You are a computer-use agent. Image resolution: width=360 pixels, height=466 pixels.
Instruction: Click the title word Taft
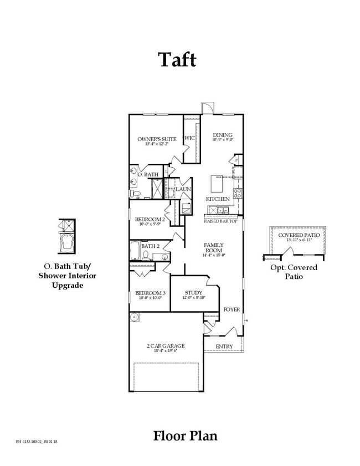coord(178,60)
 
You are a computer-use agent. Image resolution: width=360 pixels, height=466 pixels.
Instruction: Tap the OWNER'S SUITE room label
coord(157,139)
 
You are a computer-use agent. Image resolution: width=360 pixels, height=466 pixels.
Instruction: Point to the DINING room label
coord(223,135)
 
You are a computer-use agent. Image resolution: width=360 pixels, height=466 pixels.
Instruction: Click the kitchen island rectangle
coord(216,183)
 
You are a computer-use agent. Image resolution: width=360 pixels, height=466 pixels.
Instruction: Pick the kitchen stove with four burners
coord(236,193)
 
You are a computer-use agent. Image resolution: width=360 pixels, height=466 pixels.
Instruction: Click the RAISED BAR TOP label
coord(220,221)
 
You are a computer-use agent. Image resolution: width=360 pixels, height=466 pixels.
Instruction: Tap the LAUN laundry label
coord(183,189)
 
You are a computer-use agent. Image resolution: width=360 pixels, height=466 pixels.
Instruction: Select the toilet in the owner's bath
coord(138,194)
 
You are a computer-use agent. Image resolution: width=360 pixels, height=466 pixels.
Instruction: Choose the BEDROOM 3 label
coord(151,293)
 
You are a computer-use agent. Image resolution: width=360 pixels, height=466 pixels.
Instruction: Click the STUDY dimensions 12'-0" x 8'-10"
coord(193,298)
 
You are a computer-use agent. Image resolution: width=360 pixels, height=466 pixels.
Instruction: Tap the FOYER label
coord(232,309)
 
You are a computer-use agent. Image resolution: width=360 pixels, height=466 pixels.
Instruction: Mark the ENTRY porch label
coord(224,347)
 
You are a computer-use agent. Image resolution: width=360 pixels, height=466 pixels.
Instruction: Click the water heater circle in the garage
coord(135,318)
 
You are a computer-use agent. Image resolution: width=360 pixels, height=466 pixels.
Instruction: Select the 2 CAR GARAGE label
coord(165,346)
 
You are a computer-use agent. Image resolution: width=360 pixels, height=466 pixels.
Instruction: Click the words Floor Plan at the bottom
coord(185,436)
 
